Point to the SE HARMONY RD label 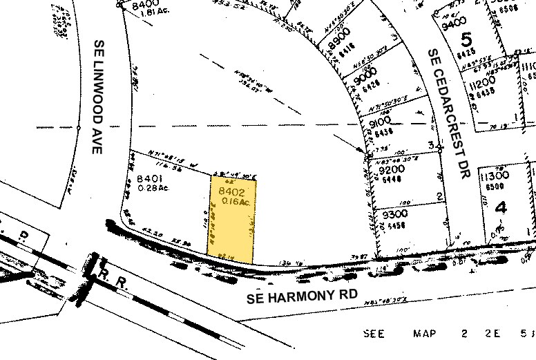[x=303, y=296]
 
